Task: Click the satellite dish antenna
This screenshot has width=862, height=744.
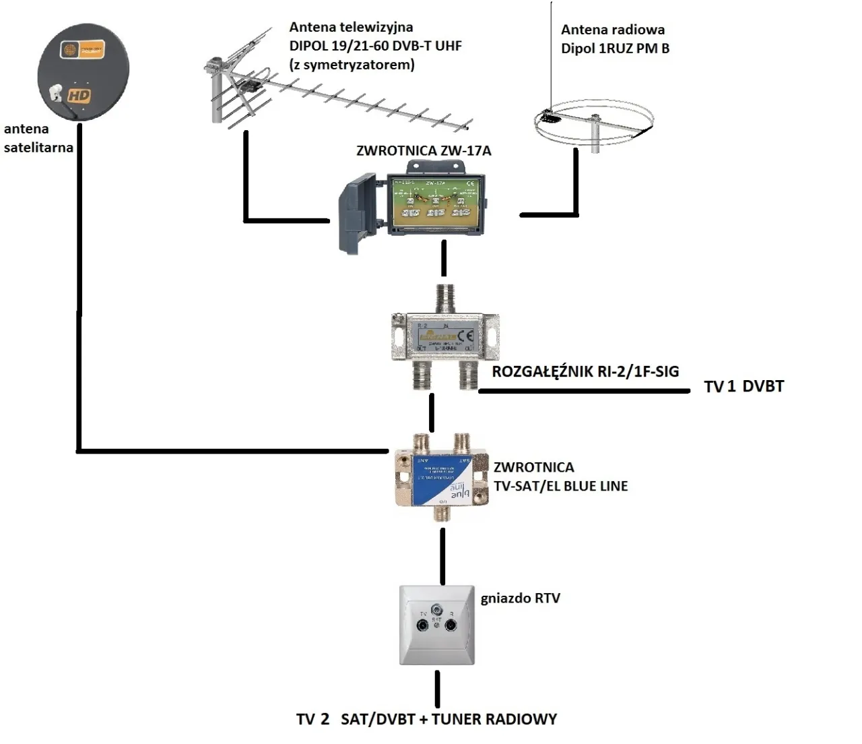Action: click(83, 71)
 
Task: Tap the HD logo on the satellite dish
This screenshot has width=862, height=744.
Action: click(78, 96)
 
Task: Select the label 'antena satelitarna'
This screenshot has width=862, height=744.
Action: click(38, 138)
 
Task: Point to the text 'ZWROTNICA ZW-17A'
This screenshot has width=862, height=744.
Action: click(424, 150)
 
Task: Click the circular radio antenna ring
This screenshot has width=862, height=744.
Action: click(593, 123)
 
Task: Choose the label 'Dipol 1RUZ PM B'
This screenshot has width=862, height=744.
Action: click(615, 49)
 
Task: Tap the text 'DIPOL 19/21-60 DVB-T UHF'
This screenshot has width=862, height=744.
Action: click(376, 46)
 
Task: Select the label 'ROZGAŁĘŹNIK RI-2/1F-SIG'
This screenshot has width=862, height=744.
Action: click(585, 371)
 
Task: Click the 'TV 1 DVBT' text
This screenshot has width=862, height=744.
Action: click(743, 387)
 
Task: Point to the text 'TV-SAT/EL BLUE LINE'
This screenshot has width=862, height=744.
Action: click(560, 486)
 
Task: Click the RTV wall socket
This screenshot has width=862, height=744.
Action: click(437, 625)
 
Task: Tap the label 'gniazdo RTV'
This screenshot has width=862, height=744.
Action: click(520, 598)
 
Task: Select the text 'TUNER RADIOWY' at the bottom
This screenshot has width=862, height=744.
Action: click(494, 719)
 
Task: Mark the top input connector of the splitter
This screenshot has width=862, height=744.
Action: click(444, 296)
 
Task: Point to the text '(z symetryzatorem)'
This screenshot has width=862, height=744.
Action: click(352, 65)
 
